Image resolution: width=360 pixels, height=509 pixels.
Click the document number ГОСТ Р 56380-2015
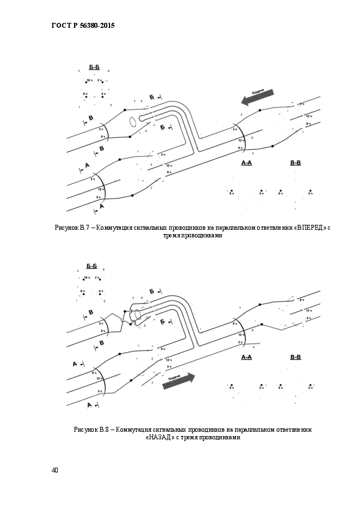pyautogui.click(x=83, y=26)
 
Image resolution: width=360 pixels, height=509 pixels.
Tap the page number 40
pyautogui.click(x=55, y=470)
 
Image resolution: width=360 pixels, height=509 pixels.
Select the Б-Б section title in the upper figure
pyautogui.click(x=94, y=67)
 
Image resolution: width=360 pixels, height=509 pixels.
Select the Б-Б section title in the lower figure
pyautogui.click(x=91, y=266)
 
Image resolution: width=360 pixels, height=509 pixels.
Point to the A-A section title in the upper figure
pyautogui.click(x=246, y=162)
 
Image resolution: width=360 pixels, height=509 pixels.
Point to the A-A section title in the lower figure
pyautogui.click(x=246, y=357)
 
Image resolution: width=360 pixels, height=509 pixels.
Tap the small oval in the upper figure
pyautogui.click(x=131, y=120)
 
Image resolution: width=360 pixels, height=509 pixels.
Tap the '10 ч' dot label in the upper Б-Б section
pyautogui.click(x=88, y=81)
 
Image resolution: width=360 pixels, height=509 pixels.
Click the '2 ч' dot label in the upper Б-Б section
pyautogui.click(x=100, y=81)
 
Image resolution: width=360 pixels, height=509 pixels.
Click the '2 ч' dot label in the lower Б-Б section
pyautogui.click(x=97, y=278)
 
